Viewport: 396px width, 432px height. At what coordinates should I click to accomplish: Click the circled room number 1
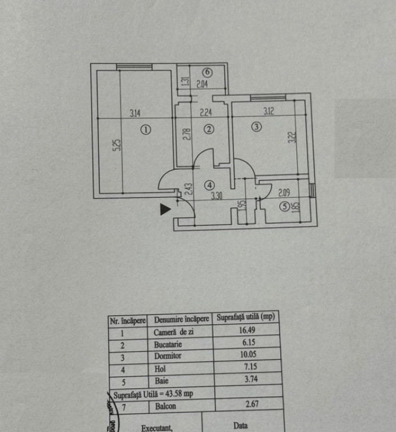(146, 129)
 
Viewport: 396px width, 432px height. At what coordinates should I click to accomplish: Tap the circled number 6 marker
(208, 72)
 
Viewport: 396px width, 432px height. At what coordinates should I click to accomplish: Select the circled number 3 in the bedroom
(256, 127)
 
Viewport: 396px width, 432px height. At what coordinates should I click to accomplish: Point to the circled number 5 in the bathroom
(286, 206)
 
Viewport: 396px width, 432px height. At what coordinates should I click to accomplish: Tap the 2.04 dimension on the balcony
(202, 85)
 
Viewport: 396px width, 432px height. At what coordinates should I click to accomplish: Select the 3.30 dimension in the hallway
(217, 196)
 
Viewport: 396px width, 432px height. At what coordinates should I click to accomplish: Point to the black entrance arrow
(165, 209)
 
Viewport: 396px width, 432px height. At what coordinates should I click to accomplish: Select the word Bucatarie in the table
(168, 344)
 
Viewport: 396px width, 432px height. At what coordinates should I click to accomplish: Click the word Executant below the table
(157, 427)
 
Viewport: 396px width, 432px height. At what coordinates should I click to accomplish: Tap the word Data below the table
(240, 425)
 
